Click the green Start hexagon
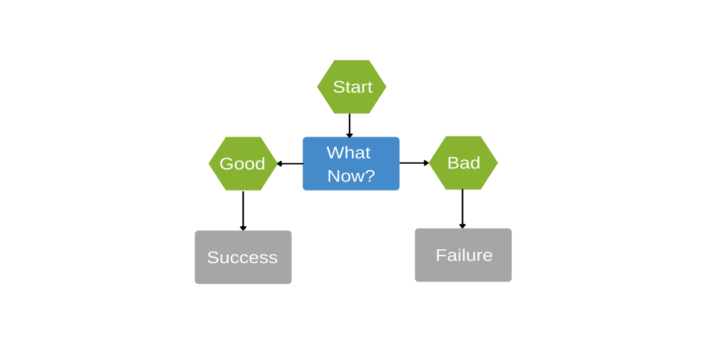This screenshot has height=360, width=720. click(x=351, y=86)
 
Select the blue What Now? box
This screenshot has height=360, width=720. click(x=351, y=164)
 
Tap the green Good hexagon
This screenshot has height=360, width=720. click(x=243, y=164)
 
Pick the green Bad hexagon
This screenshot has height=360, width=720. click(x=464, y=163)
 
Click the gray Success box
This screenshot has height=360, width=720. click(x=243, y=257)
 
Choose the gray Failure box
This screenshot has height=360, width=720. click(x=463, y=255)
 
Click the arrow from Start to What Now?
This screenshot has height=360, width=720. click(x=349, y=124)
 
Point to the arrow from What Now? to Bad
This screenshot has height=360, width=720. click(x=413, y=163)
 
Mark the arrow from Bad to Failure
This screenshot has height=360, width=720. click(x=462, y=208)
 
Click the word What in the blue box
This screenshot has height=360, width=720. click(x=348, y=152)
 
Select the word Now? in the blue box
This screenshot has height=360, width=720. click(x=351, y=176)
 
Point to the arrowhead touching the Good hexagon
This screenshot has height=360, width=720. click(x=279, y=164)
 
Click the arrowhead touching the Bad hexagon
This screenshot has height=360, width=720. click(x=426, y=163)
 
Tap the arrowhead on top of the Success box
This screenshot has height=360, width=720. click(x=243, y=228)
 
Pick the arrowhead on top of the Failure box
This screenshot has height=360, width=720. click(x=462, y=226)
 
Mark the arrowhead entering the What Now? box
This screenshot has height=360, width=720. click(x=349, y=135)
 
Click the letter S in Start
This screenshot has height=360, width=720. click(x=339, y=87)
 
